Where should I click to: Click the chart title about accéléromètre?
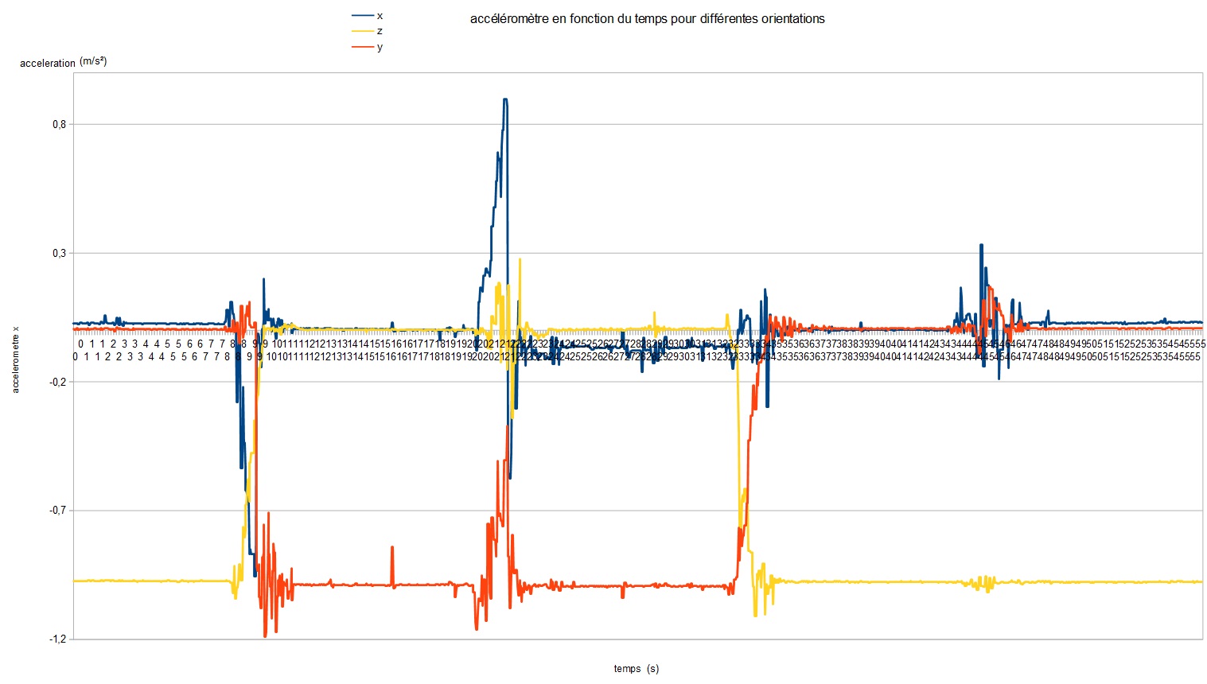(x=647, y=18)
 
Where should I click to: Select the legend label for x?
(x=380, y=15)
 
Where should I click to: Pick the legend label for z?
(x=380, y=31)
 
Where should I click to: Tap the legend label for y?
(x=380, y=47)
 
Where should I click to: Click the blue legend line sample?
(x=363, y=15)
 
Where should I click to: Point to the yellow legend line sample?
(x=363, y=31)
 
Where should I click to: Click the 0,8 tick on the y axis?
(x=59, y=124)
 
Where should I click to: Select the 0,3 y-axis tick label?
(x=59, y=253)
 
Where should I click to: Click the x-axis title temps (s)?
(x=636, y=669)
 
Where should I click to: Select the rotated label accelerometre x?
(x=16, y=360)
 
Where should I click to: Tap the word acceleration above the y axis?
(x=48, y=63)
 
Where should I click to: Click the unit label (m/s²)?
(x=93, y=61)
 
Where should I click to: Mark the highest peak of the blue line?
(x=504, y=99)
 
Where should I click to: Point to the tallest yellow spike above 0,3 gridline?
(x=520, y=259)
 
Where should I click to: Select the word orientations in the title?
(x=791, y=18)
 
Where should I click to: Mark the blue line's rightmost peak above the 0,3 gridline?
(x=981, y=245)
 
